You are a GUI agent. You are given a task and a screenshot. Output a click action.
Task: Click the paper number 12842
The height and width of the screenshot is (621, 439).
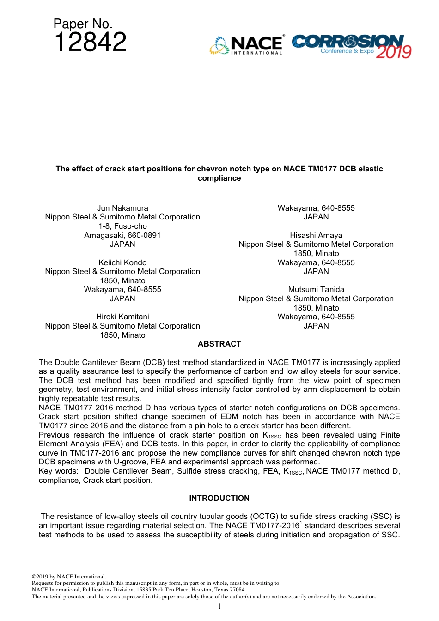tap(90, 42)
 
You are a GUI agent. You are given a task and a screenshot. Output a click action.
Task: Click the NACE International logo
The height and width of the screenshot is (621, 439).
tap(247, 45)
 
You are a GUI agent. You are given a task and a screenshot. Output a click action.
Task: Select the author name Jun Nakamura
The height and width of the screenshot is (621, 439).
tap(122, 208)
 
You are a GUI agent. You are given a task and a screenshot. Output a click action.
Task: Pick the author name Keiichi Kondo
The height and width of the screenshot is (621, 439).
tap(122, 262)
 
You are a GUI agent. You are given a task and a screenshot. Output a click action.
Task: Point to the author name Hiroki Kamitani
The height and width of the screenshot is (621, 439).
tap(122, 317)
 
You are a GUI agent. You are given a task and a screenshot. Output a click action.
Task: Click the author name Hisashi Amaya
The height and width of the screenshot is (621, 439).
tap(316, 235)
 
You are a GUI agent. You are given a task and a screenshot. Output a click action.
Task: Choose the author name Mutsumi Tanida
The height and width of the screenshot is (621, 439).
tap(316, 290)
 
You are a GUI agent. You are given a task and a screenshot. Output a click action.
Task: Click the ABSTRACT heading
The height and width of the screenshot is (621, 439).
tap(219, 344)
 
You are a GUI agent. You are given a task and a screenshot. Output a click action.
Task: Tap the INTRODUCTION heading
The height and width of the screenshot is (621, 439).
tap(219, 498)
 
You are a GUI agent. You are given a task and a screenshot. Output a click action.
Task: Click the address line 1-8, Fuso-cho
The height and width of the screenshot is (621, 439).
tap(122, 226)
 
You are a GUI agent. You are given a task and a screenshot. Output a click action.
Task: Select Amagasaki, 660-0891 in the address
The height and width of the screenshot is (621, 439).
tap(122, 235)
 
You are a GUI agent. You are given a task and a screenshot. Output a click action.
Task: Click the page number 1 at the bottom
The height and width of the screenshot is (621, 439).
tap(219, 606)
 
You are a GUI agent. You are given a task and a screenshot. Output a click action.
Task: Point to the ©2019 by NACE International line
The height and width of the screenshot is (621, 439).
tap(69, 577)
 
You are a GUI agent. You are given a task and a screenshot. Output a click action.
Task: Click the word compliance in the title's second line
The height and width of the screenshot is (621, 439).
tap(219, 178)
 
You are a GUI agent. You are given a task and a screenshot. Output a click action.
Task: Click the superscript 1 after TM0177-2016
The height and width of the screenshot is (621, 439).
tap(301, 523)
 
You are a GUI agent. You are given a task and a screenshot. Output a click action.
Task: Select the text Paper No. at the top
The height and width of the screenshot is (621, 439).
tap(83, 24)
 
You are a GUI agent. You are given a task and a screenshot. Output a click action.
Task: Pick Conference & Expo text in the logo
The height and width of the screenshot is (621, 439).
tap(347, 51)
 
